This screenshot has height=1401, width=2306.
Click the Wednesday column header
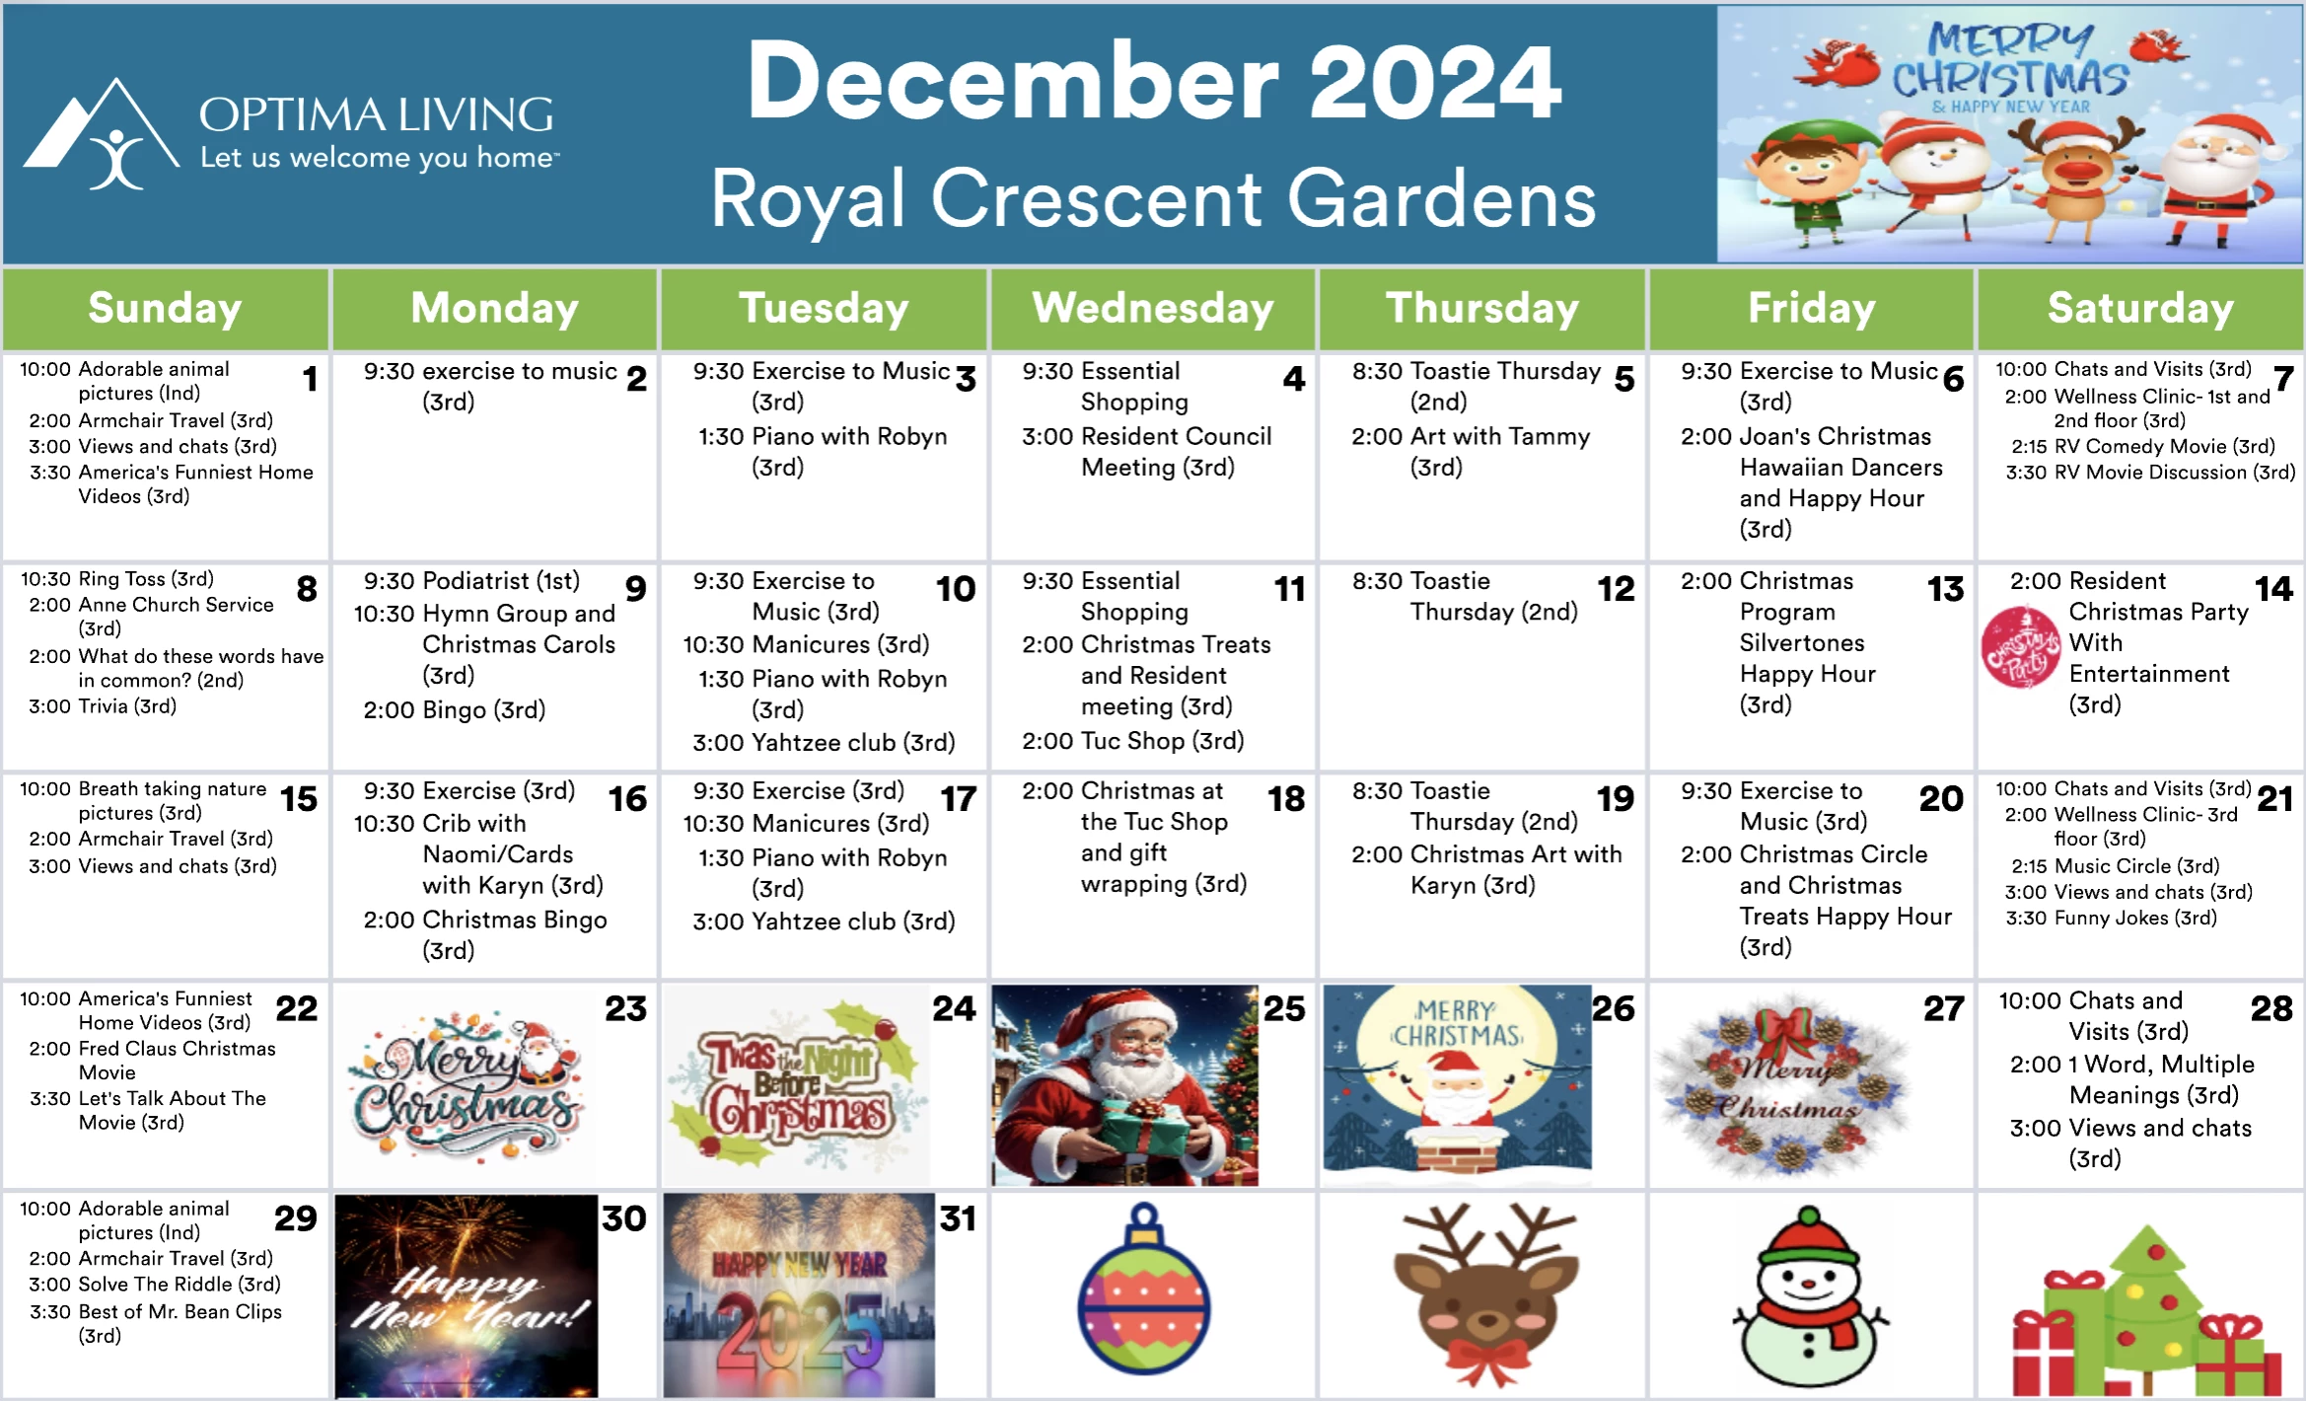click(x=1152, y=308)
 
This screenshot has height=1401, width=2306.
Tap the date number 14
click(x=2273, y=589)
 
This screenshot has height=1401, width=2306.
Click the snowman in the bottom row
click(x=1809, y=1297)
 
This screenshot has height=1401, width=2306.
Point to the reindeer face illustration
click(x=1485, y=1294)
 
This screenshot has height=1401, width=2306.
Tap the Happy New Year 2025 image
click(x=799, y=1295)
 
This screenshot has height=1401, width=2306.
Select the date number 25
click(x=1284, y=1008)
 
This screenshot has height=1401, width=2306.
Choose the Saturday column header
click(x=2140, y=308)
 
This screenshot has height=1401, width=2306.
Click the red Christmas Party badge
click(x=2021, y=647)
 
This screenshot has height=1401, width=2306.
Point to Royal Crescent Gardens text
click(x=1153, y=198)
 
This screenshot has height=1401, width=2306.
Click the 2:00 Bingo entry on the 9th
click(x=454, y=709)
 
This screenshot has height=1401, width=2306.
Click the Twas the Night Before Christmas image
click(x=797, y=1085)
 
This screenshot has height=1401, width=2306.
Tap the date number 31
click(x=957, y=1218)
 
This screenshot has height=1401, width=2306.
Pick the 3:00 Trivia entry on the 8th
click(x=103, y=706)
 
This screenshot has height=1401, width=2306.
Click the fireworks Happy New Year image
click(x=467, y=1295)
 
